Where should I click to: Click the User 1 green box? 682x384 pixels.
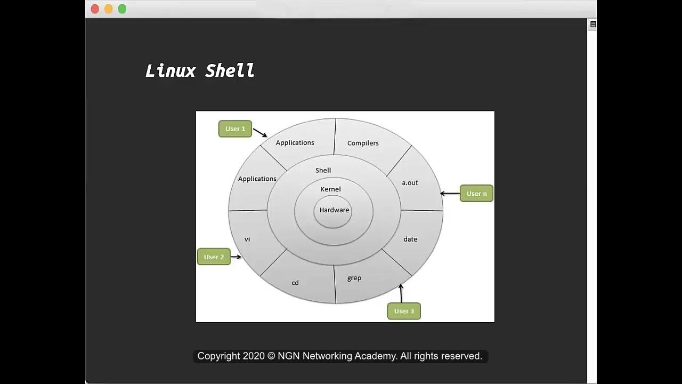tap(235, 129)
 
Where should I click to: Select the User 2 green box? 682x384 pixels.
tap(214, 257)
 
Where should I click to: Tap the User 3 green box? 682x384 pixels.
tap(404, 311)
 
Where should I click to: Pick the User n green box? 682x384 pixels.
tap(476, 194)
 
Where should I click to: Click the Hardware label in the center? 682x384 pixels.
tap(334, 210)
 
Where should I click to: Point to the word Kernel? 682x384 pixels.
tap(330, 189)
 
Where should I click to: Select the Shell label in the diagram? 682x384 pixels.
tap(323, 171)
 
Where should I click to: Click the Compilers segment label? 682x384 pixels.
tap(363, 143)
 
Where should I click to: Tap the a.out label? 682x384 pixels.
tap(410, 183)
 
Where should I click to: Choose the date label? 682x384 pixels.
tap(410, 239)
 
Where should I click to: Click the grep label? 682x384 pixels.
tap(354, 278)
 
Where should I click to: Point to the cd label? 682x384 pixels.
tap(295, 283)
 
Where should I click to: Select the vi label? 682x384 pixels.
tap(247, 239)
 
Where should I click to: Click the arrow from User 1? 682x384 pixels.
tap(260, 132)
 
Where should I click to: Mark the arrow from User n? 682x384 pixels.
tap(450, 194)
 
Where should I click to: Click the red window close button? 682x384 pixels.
tap(95, 9)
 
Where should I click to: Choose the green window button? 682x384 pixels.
tap(122, 9)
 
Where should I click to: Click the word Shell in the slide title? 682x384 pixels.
tap(230, 70)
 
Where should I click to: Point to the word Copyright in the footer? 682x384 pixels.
tap(218, 356)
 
